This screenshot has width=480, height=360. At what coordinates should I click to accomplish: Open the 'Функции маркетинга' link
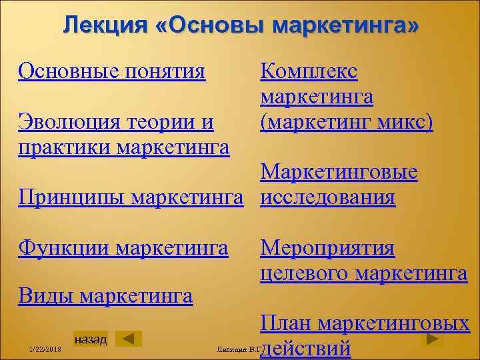[123, 248]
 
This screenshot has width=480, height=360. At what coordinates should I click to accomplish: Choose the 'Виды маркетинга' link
[105, 295]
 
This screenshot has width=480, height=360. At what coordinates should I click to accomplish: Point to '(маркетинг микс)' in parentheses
[347, 123]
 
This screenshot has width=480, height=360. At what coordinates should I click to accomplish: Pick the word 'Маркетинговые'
[339, 173]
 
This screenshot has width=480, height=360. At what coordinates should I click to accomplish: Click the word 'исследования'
[328, 197]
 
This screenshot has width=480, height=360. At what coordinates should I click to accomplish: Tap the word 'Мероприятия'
[327, 248]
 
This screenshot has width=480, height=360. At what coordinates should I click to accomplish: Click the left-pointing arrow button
[129, 339]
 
